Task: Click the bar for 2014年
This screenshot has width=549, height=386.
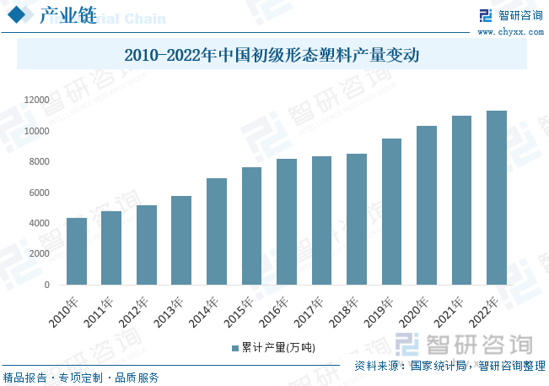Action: point(217,231)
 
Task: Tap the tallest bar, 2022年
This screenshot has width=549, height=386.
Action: point(497,198)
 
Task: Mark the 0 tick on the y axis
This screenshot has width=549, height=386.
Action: point(47,285)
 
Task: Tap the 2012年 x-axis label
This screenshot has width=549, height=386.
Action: point(134,311)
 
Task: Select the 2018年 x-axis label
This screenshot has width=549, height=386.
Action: point(344,311)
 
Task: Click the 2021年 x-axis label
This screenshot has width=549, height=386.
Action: point(449,311)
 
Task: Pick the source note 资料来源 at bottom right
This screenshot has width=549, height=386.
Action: point(449,366)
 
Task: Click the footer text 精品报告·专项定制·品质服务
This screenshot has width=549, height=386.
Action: point(81,378)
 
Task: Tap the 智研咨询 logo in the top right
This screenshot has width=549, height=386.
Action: point(510,15)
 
